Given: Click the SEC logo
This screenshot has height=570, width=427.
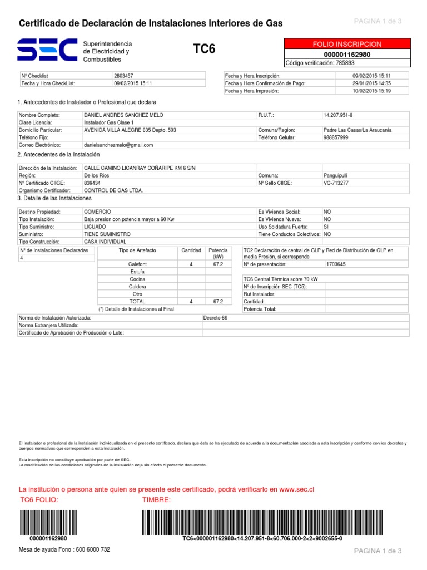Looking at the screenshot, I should click(47, 51).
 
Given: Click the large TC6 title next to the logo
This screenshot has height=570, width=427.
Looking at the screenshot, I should click(203, 50).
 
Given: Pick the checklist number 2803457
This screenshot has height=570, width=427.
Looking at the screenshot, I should click(123, 75).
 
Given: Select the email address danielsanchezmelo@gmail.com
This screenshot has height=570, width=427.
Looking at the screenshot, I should click(118, 145).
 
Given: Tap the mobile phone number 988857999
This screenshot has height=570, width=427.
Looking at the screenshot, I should click(336, 137).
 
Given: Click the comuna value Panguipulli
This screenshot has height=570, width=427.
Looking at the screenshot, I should click(336, 175).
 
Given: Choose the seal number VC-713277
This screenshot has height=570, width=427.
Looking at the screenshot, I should click(336, 182).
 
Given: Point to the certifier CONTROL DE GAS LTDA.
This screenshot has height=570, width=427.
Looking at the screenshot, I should click(113, 190).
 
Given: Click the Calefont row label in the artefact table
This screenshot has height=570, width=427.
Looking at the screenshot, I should click(137, 264).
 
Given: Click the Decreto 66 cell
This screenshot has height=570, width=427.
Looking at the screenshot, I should click(216, 318).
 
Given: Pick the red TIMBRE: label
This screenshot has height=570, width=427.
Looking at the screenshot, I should click(157, 499).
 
